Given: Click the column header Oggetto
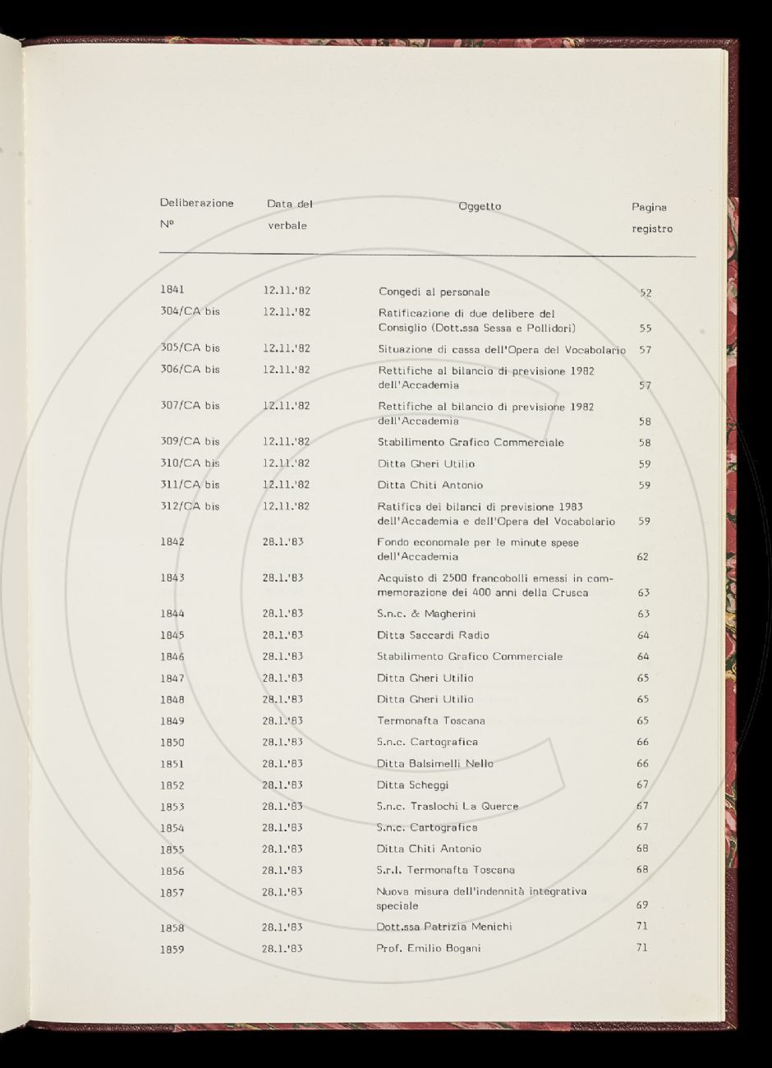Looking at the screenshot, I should [x=480, y=206].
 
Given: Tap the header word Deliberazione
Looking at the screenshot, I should [x=196, y=203].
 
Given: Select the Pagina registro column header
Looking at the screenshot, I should [x=650, y=218].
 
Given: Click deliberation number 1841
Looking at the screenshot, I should [x=172, y=289].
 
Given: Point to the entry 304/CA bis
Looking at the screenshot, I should [x=190, y=311].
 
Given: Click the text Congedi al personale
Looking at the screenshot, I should [x=434, y=292].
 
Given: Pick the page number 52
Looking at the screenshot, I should [x=646, y=292].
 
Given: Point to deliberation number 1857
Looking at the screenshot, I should [x=172, y=892].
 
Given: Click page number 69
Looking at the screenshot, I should [x=642, y=905].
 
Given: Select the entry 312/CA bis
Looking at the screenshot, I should [x=190, y=506].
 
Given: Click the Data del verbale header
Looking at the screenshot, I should [x=289, y=214].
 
